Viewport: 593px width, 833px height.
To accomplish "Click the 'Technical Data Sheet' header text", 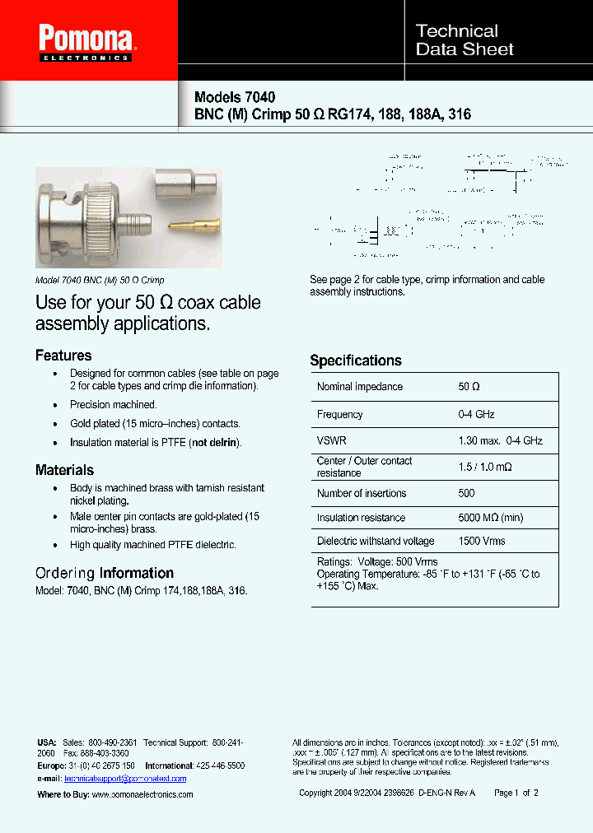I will [465, 40].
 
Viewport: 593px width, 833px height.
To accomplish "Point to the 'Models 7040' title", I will [234, 97].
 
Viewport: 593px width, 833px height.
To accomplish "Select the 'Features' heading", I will [63, 356].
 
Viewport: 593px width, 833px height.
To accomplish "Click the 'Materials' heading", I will [64, 470].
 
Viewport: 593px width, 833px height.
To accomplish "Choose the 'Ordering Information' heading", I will [105, 573].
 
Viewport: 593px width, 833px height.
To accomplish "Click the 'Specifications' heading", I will [356, 361].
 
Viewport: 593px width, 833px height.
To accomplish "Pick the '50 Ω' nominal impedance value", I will [469, 387].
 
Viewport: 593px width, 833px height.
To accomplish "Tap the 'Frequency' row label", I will [339, 415].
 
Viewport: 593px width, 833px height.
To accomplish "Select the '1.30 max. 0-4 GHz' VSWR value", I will [500, 441].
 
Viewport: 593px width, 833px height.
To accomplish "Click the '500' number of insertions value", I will [467, 494].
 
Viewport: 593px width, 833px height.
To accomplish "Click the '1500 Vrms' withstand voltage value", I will [482, 542].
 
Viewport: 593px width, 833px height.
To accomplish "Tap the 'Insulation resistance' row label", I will [361, 518].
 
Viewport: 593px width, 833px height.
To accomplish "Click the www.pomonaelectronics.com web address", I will [142, 794].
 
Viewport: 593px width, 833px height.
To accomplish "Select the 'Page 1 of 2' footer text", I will [516, 793].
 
